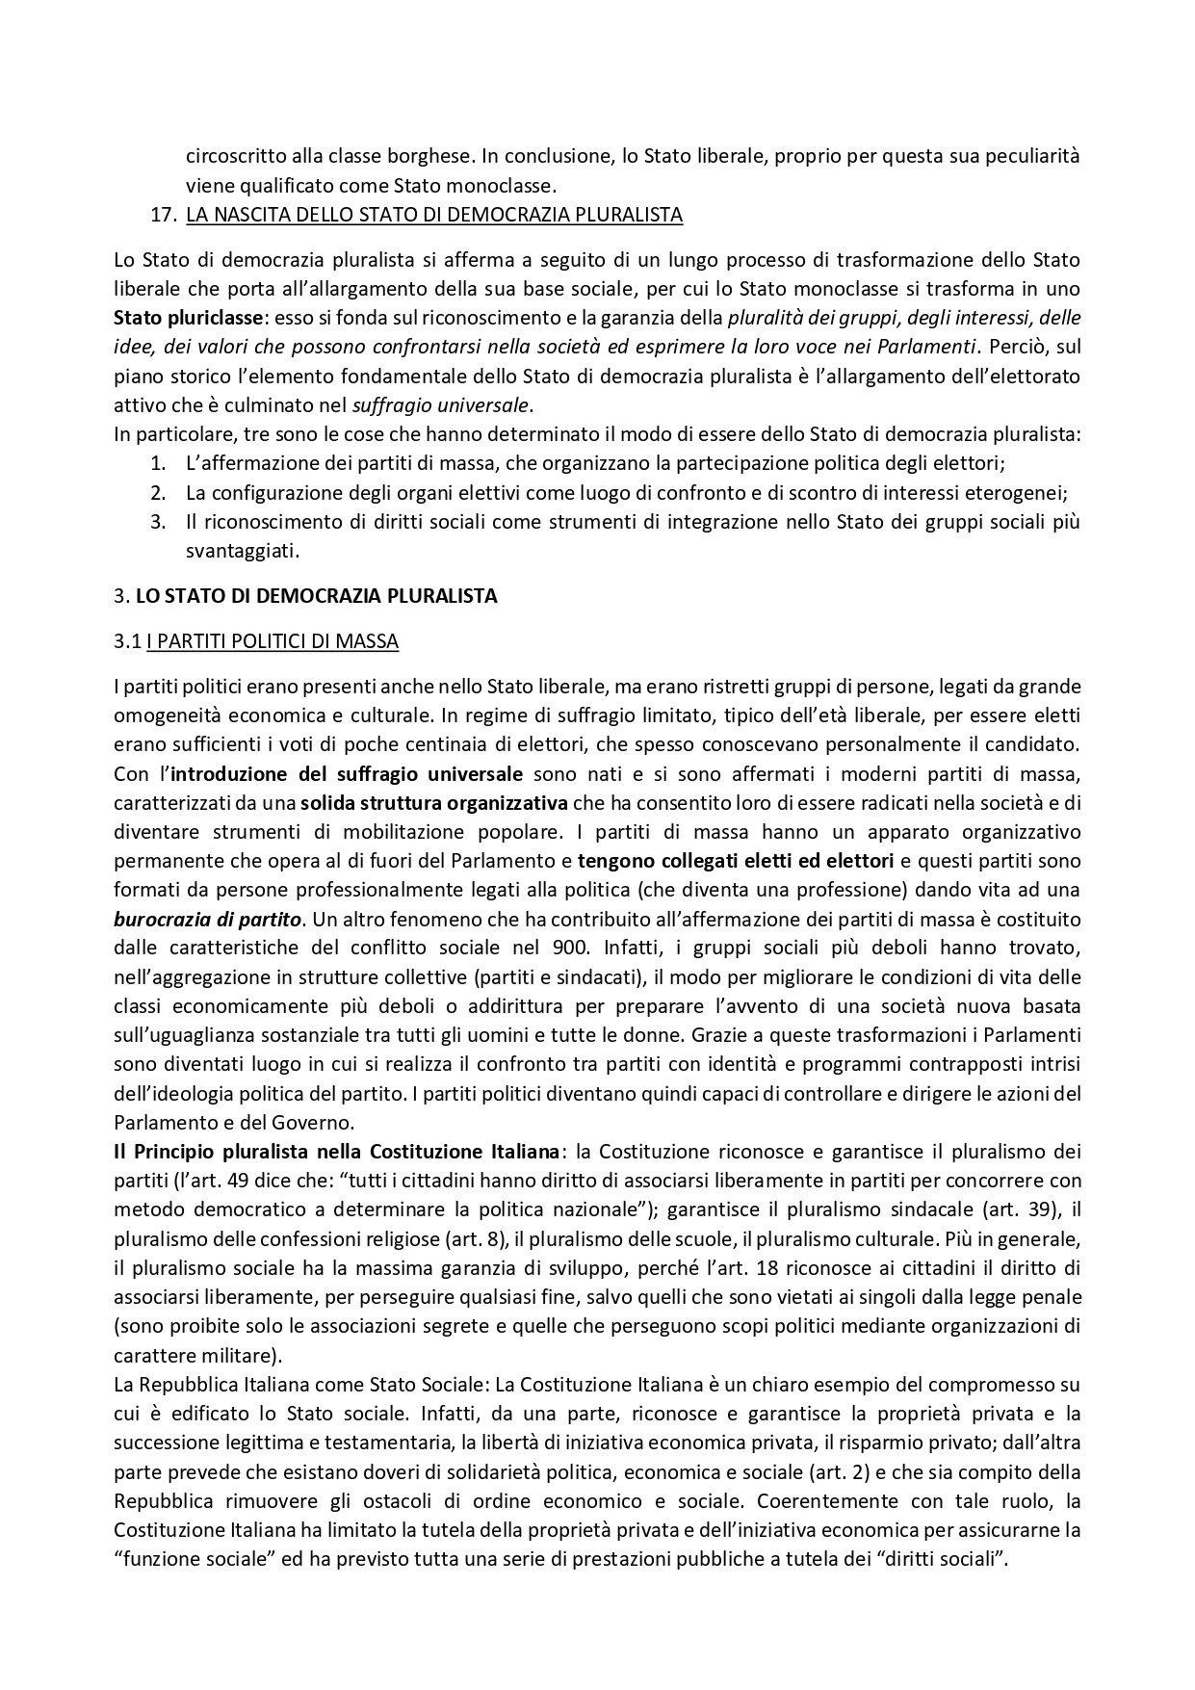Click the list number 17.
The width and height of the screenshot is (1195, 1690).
tap(164, 215)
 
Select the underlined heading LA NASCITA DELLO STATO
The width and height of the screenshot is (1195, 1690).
tap(433, 215)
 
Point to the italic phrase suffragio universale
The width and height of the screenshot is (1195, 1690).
tap(444, 404)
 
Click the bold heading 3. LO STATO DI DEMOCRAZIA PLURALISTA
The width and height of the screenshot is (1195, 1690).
tap(305, 596)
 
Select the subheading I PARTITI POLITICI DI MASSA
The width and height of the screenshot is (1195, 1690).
tap(273, 641)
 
